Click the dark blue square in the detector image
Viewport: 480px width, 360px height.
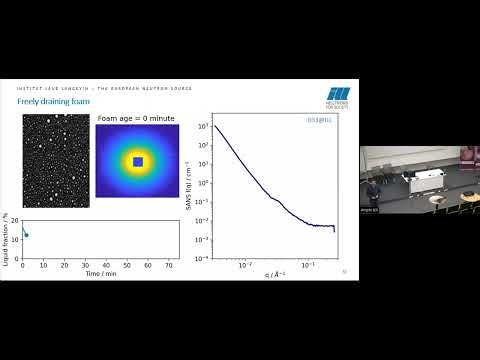tap(138, 161)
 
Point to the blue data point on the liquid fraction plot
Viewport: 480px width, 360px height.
tap(26, 235)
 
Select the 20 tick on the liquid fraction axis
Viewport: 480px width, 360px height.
tap(15, 221)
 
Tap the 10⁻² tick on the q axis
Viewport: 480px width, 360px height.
tap(243, 265)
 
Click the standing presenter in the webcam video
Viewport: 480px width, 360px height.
tap(370, 191)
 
